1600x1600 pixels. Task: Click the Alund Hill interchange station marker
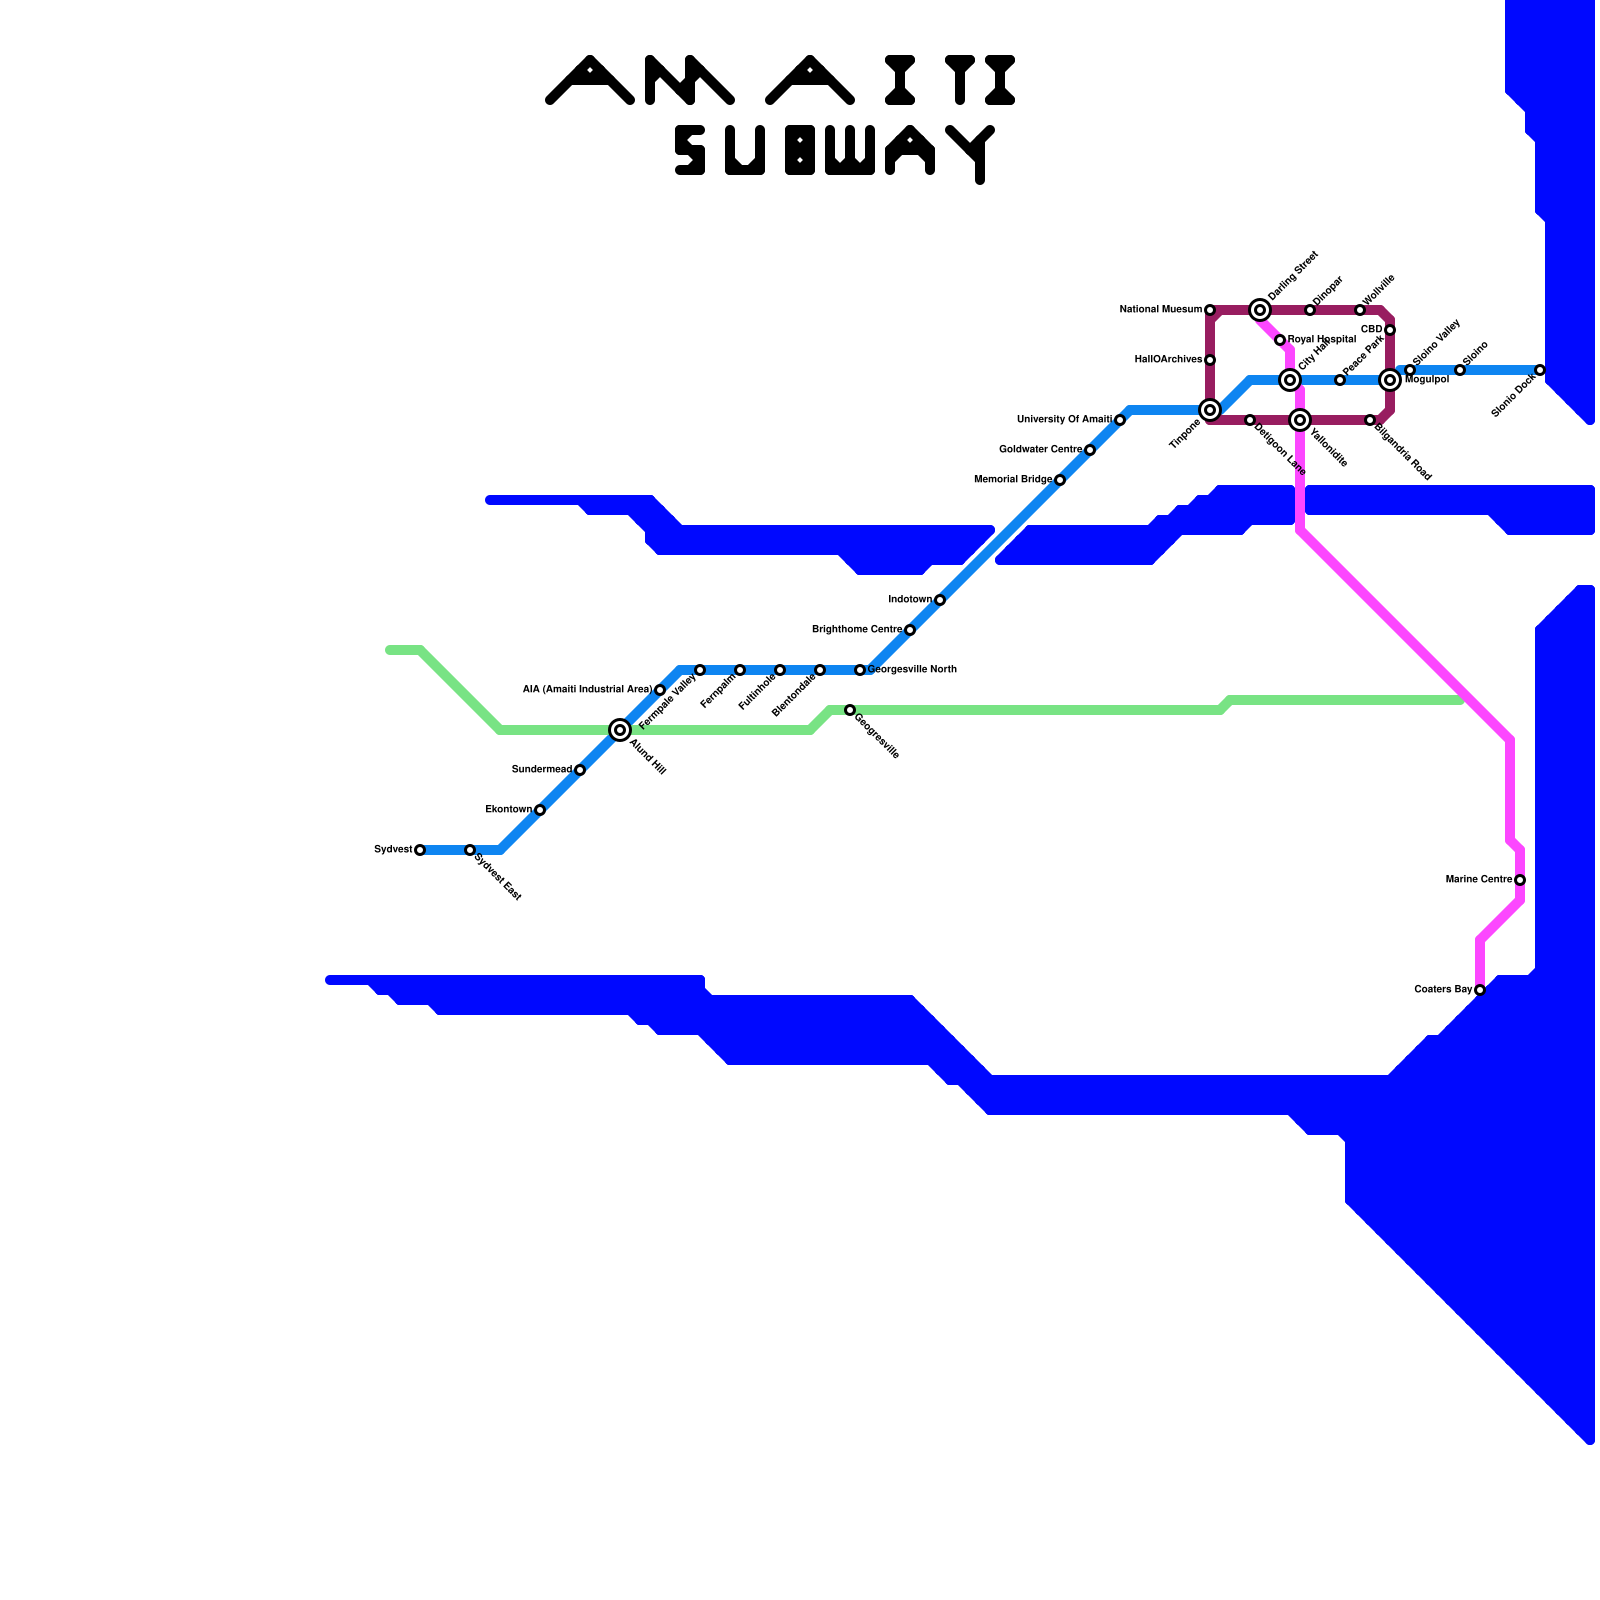[620, 730]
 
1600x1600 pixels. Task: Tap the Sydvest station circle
[420, 850]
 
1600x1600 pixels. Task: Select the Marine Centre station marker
[1520, 880]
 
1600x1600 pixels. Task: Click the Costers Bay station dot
[1480, 990]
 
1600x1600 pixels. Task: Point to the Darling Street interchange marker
[1260, 310]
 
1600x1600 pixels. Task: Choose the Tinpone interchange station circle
[1210, 410]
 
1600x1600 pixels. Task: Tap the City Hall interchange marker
[1290, 380]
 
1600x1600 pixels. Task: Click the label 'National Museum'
[1160, 310]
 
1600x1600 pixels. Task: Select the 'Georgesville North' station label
[912, 670]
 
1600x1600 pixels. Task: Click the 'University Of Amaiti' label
[1064, 420]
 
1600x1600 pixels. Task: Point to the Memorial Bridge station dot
[1060, 480]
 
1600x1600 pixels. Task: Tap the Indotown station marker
[940, 600]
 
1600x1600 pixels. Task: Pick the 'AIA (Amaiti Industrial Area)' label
[587, 690]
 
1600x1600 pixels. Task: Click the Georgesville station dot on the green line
[850, 710]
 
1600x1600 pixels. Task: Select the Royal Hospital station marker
[1280, 340]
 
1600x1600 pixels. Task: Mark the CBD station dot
[1390, 330]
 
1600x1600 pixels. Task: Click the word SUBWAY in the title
[835, 152]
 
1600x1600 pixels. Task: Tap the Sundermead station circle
[580, 770]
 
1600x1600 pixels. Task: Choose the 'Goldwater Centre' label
[1041, 450]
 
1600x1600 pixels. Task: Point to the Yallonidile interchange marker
[1300, 420]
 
